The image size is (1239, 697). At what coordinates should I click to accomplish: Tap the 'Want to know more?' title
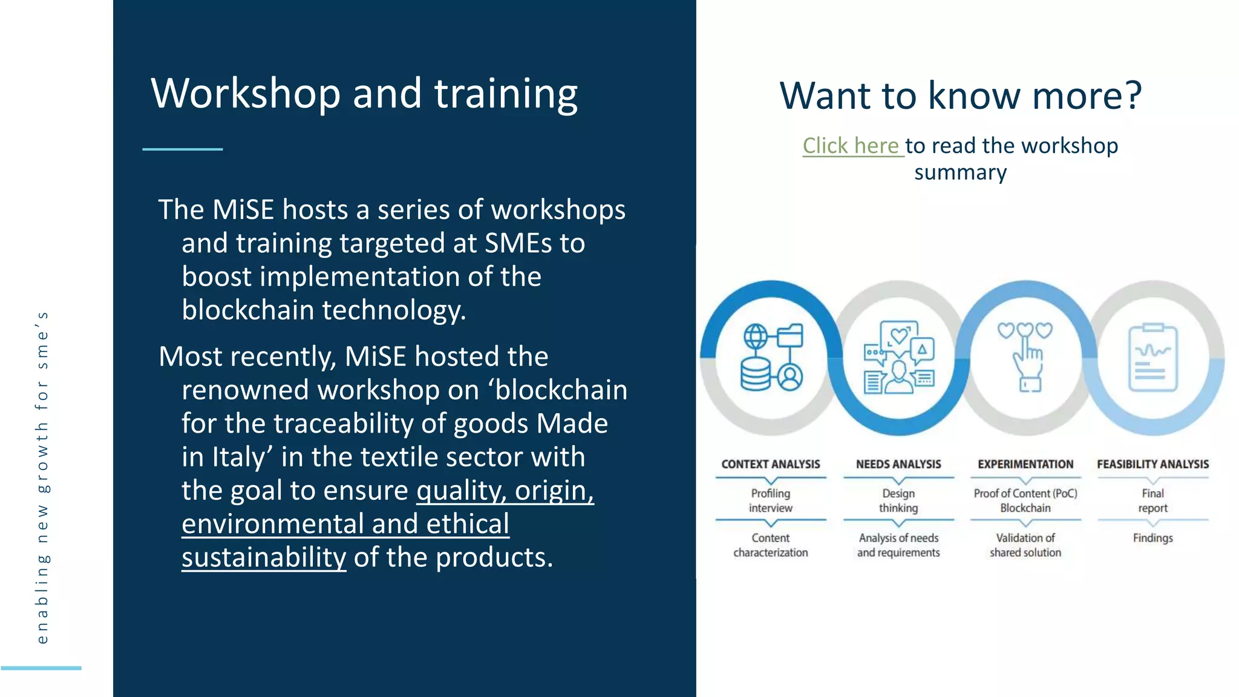960,96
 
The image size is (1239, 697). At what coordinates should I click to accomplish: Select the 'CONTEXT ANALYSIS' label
770,464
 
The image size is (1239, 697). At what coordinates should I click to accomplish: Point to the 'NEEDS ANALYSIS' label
898,464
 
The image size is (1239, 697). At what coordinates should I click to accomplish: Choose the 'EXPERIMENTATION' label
1025,464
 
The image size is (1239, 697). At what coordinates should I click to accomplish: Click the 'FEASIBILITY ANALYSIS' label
1152,464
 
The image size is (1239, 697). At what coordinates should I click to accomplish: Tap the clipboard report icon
1152,358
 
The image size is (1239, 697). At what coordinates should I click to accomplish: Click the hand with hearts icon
1026,356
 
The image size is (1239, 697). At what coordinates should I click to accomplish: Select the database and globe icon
771,358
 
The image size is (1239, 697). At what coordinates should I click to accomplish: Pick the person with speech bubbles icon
899,358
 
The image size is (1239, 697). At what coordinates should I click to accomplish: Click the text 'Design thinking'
898,500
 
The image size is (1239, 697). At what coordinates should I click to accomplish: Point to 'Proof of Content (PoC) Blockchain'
1025,500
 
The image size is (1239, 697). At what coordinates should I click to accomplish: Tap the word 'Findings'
1152,538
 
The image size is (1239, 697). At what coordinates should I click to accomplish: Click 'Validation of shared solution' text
1025,545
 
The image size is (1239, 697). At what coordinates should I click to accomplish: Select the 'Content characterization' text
770,545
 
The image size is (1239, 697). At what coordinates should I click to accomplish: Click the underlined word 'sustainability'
264,557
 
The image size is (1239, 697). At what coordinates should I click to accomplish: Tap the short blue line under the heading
183,149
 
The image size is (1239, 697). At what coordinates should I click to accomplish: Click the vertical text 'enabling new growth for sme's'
42,478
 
